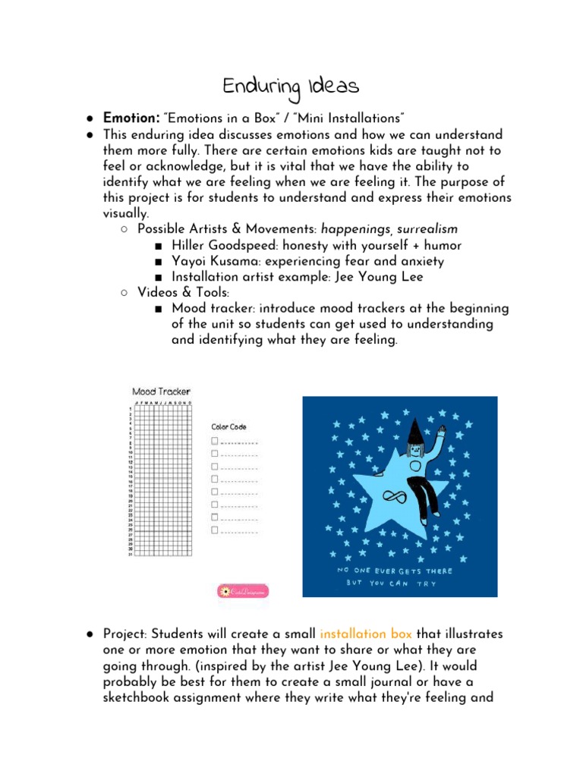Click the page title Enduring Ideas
click(291, 87)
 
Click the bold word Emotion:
click(131, 118)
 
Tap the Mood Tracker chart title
click(161, 392)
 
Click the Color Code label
click(228, 427)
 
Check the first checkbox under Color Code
click(215, 441)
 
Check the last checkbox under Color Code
click(215, 530)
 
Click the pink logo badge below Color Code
click(243, 591)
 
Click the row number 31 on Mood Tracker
click(130, 554)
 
